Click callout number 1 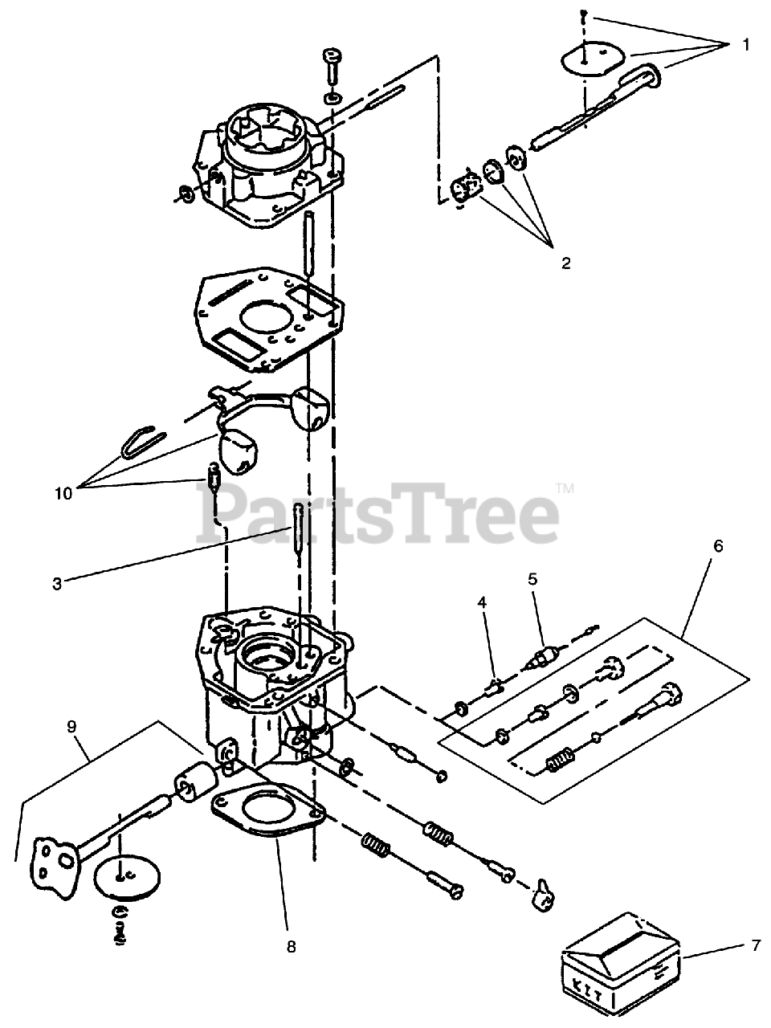(746, 45)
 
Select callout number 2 (566, 263)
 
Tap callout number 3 (57, 584)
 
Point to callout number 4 (482, 602)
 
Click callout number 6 (717, 546)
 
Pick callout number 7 (755, 946)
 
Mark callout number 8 (291, 947)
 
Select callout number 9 (71, 728)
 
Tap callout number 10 (63, 492)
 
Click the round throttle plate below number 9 (124, 878)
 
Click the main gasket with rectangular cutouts (265, 312)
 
